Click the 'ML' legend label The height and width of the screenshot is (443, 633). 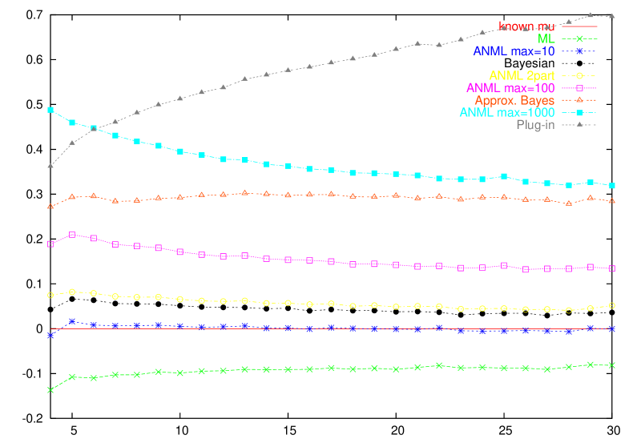[546, 38]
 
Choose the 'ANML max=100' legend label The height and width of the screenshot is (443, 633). [510, 88]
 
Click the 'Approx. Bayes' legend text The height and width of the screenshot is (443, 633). [514, 101]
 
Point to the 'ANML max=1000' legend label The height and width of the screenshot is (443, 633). [506, 113]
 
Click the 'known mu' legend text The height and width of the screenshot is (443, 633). [526, 26]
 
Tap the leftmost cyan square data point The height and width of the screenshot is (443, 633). [50, 109]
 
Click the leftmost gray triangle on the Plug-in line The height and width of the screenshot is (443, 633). [50, 166]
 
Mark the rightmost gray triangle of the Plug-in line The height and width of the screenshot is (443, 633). [612, 16]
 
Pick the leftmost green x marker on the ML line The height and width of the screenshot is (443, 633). [50, 390]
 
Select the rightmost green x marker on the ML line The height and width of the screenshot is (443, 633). [612, 365]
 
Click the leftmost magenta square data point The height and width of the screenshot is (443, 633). [50, 244]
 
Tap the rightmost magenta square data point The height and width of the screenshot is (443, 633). [612, 268]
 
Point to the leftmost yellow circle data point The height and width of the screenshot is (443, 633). [50, 295]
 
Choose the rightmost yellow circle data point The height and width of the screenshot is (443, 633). [612, 305]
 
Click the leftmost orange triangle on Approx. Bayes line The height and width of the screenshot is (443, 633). [50, 207]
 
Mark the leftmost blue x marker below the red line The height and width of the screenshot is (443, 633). [50, 336]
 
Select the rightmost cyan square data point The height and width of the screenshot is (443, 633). [612, 186]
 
